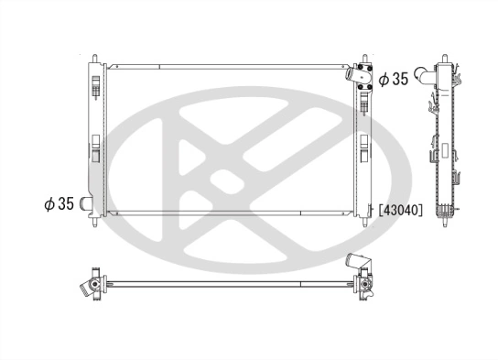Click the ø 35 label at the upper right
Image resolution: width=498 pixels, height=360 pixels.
(394, 79)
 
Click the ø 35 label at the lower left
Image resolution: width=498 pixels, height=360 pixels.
(59, 203)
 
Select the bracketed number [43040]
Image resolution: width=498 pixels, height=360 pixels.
(399, 210)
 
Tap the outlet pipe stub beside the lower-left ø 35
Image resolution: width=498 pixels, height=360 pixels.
(87, 203)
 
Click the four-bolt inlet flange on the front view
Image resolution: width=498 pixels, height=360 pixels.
(363, 78)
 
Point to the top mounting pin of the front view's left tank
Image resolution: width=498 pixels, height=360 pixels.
(94, 57)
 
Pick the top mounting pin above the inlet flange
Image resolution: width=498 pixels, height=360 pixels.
(366, 57)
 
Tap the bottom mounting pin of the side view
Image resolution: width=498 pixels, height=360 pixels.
(447, 223)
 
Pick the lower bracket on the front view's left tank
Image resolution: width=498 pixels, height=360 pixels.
(96, 147)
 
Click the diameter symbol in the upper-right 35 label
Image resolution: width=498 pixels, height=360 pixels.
(384, 79)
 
